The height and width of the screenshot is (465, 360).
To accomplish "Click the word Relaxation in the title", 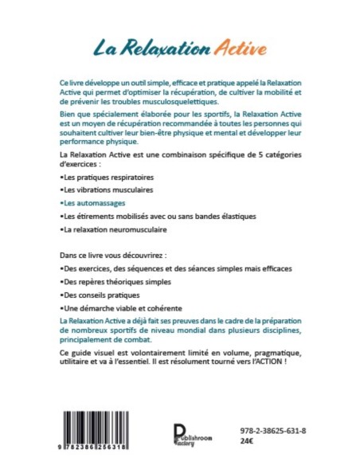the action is (x=164, y=51).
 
